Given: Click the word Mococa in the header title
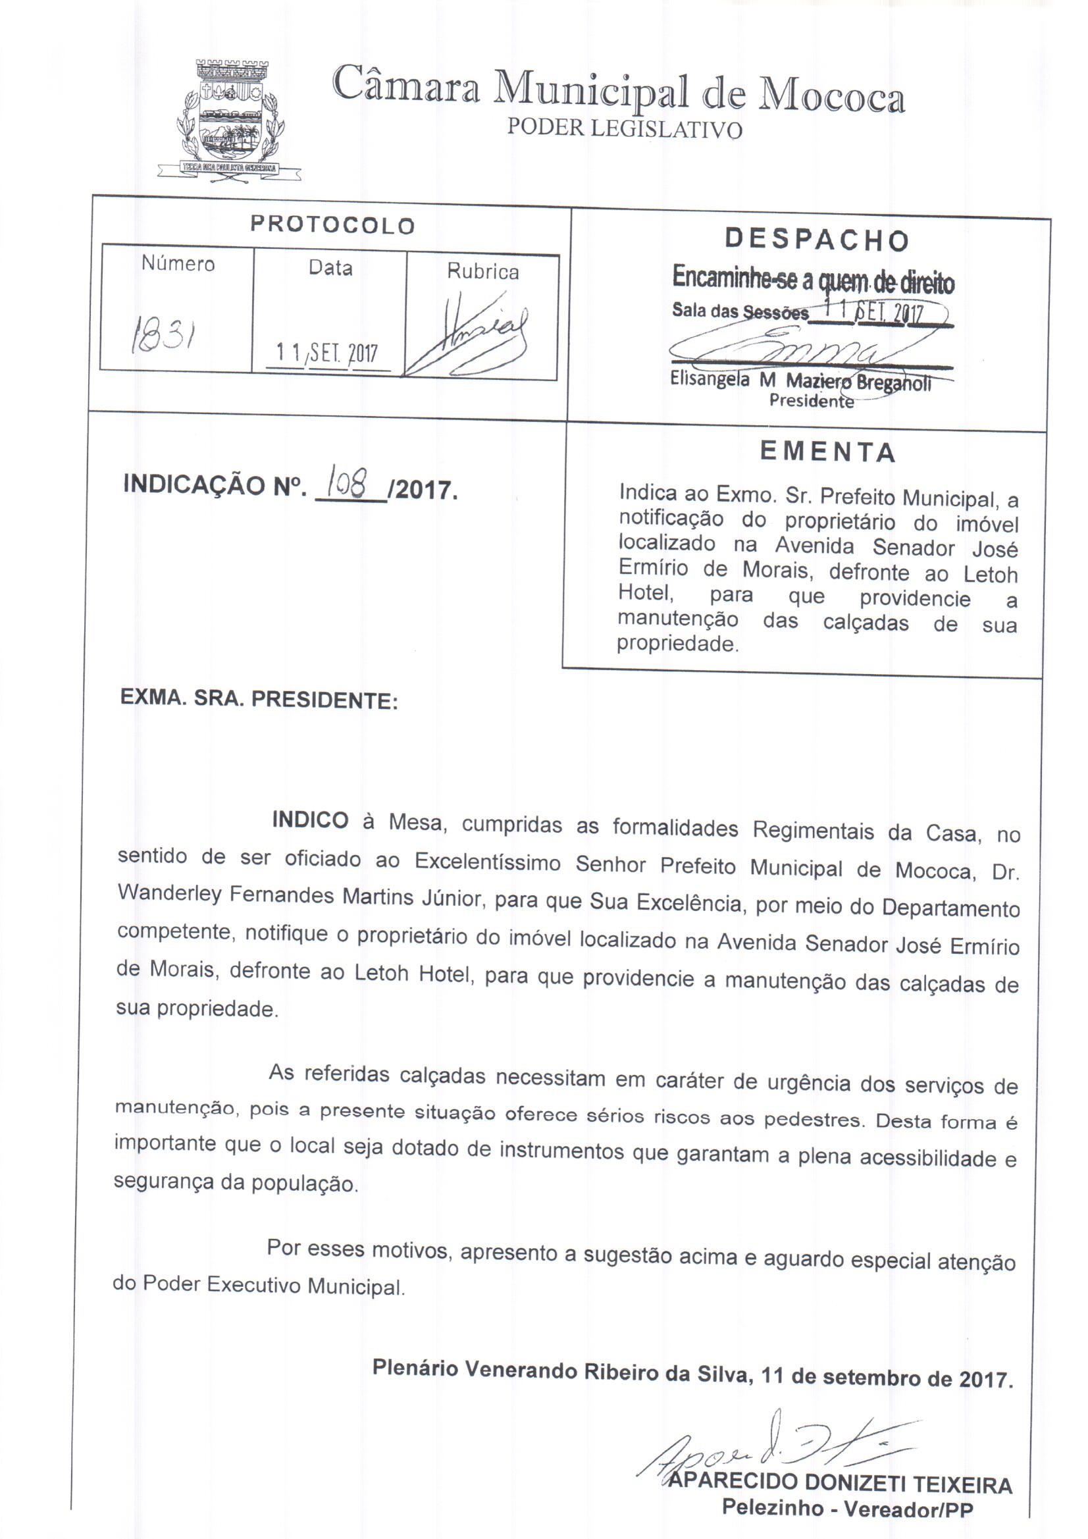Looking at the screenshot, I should pos(831,98).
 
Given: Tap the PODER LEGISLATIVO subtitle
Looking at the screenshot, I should pos(624,129).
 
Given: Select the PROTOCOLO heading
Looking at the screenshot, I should pos(332,225).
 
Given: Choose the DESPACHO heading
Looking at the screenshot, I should pos(817,240).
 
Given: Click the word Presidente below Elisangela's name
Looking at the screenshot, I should pos(811,401).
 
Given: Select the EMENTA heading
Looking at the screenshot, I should pos(828,452).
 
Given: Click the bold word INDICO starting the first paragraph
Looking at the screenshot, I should pos(310,820).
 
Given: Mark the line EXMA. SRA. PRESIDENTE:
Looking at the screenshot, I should pos(259,700).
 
